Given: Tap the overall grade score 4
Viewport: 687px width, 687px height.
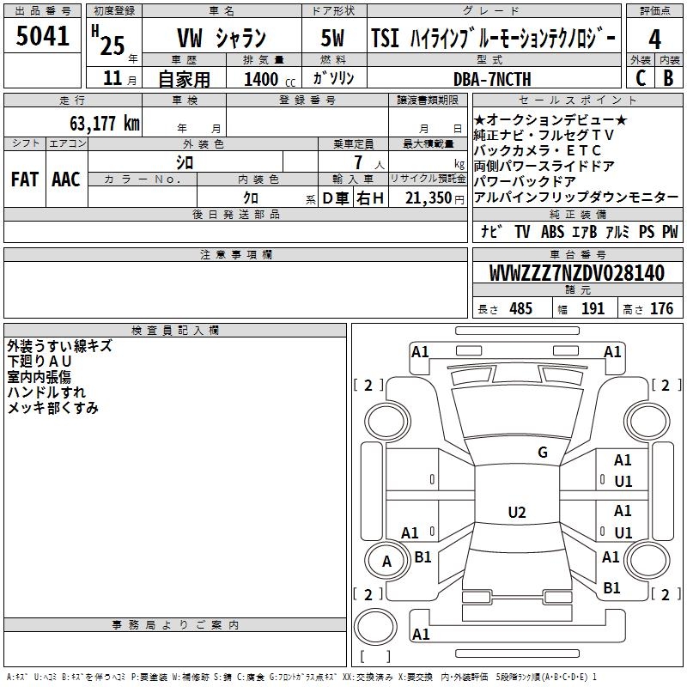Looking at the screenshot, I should click(x=654, y=39).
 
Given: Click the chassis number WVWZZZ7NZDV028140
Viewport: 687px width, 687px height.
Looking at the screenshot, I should click(x=576, y=274).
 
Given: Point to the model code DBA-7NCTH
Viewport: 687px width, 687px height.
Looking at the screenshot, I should click(x=492, y=79).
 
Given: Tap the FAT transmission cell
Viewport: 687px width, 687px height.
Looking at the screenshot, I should click(x=24, y=179).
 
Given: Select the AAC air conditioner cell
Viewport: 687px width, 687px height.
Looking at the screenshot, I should click(x=66, y=179).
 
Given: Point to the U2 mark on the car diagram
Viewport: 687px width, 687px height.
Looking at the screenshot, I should click(x=516, y=513).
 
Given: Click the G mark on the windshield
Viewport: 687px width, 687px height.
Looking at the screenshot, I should click(x=542, y=453).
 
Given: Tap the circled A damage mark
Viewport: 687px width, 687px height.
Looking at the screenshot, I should click(x=386, y=562).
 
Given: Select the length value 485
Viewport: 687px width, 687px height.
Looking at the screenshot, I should click(x=520, y=309).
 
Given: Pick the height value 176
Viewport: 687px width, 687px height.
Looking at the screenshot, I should click(x=661, y=309).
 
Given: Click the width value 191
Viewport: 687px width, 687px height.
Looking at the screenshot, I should click(x=593, y=309).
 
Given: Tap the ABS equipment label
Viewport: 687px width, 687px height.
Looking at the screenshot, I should click(x=552, y=232).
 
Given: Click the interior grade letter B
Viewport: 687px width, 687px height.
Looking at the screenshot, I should click(x=668, y=78).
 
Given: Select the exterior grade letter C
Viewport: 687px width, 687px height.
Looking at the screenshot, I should click(x=640, y=78).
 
